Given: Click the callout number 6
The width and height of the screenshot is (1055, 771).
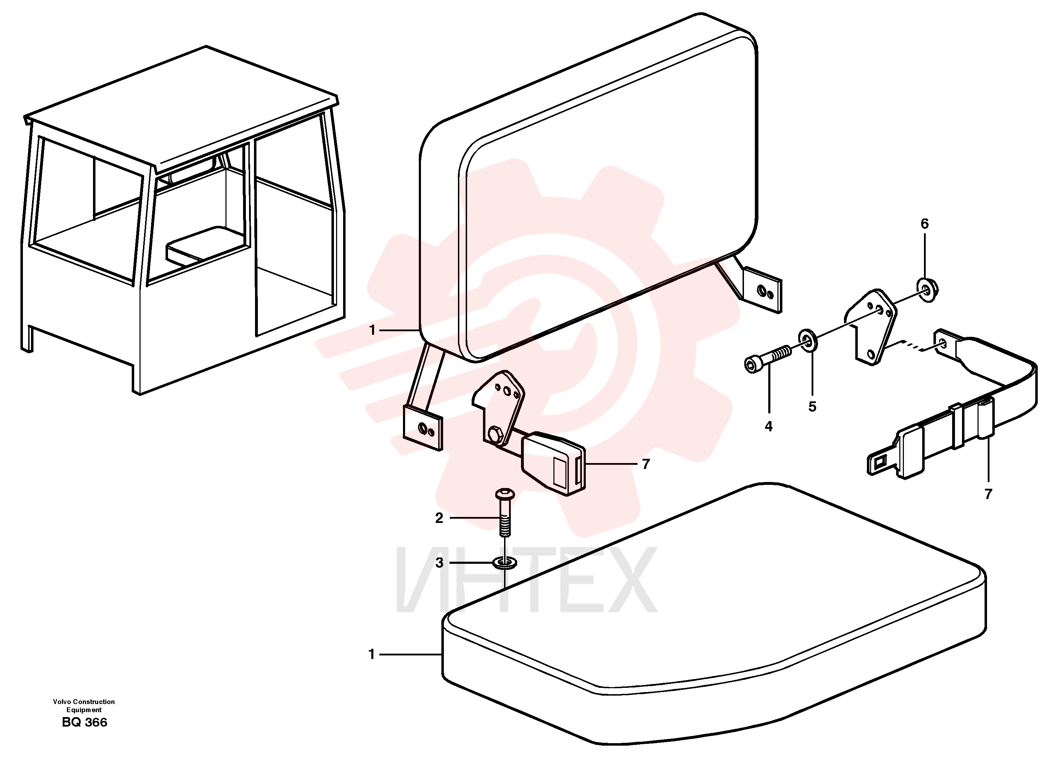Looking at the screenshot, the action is pos(924,224).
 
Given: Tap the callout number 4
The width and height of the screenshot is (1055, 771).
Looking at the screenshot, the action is pos(769,427).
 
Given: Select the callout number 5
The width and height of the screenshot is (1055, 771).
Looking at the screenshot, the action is pos(812,407).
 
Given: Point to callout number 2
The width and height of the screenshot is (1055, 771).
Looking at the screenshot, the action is pos(439,518).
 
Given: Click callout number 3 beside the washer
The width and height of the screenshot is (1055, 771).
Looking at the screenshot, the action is pos(439,563).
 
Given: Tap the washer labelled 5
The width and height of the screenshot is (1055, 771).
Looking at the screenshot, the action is pos(808,339).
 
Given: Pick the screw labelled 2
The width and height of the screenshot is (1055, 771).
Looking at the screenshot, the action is pos(505,512).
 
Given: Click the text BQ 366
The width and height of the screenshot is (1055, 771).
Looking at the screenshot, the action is pos(85,722).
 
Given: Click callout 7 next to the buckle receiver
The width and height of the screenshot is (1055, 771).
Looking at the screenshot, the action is pos(646,464).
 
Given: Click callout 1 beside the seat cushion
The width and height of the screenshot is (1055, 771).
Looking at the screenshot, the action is pos(372,655).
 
